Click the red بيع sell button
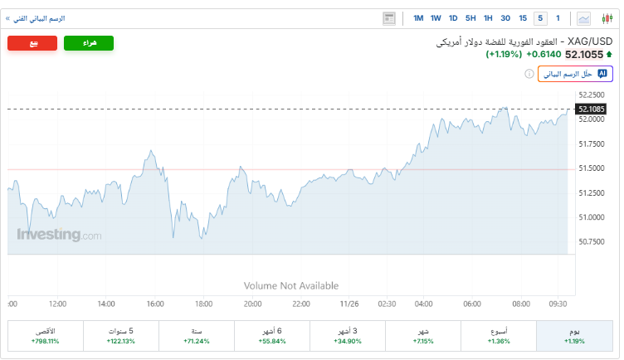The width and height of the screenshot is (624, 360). (33, 43)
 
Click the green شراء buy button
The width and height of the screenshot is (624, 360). (89, 43)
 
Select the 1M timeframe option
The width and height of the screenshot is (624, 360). (418, 18)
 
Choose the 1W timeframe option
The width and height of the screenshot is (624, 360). (436, 18)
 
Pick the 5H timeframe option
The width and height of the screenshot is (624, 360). (470, 18)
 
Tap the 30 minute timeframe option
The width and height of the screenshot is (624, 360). (505, 18)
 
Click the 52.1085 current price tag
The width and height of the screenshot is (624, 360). (590, 109)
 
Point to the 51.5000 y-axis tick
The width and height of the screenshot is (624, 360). (591, 168)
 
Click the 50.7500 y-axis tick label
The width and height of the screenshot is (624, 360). (591, 242)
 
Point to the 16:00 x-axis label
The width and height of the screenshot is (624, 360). (155, 304)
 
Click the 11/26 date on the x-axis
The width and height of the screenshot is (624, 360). (350, 304)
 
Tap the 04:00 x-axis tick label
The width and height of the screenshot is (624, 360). (424, 304)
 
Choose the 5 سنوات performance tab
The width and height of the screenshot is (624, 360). (120, 336)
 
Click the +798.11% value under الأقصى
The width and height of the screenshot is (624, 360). (45, 341)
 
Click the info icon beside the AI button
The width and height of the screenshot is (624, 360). (529, 74)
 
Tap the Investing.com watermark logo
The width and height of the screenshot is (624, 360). (59, 235)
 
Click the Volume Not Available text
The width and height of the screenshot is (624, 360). (291, 285)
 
